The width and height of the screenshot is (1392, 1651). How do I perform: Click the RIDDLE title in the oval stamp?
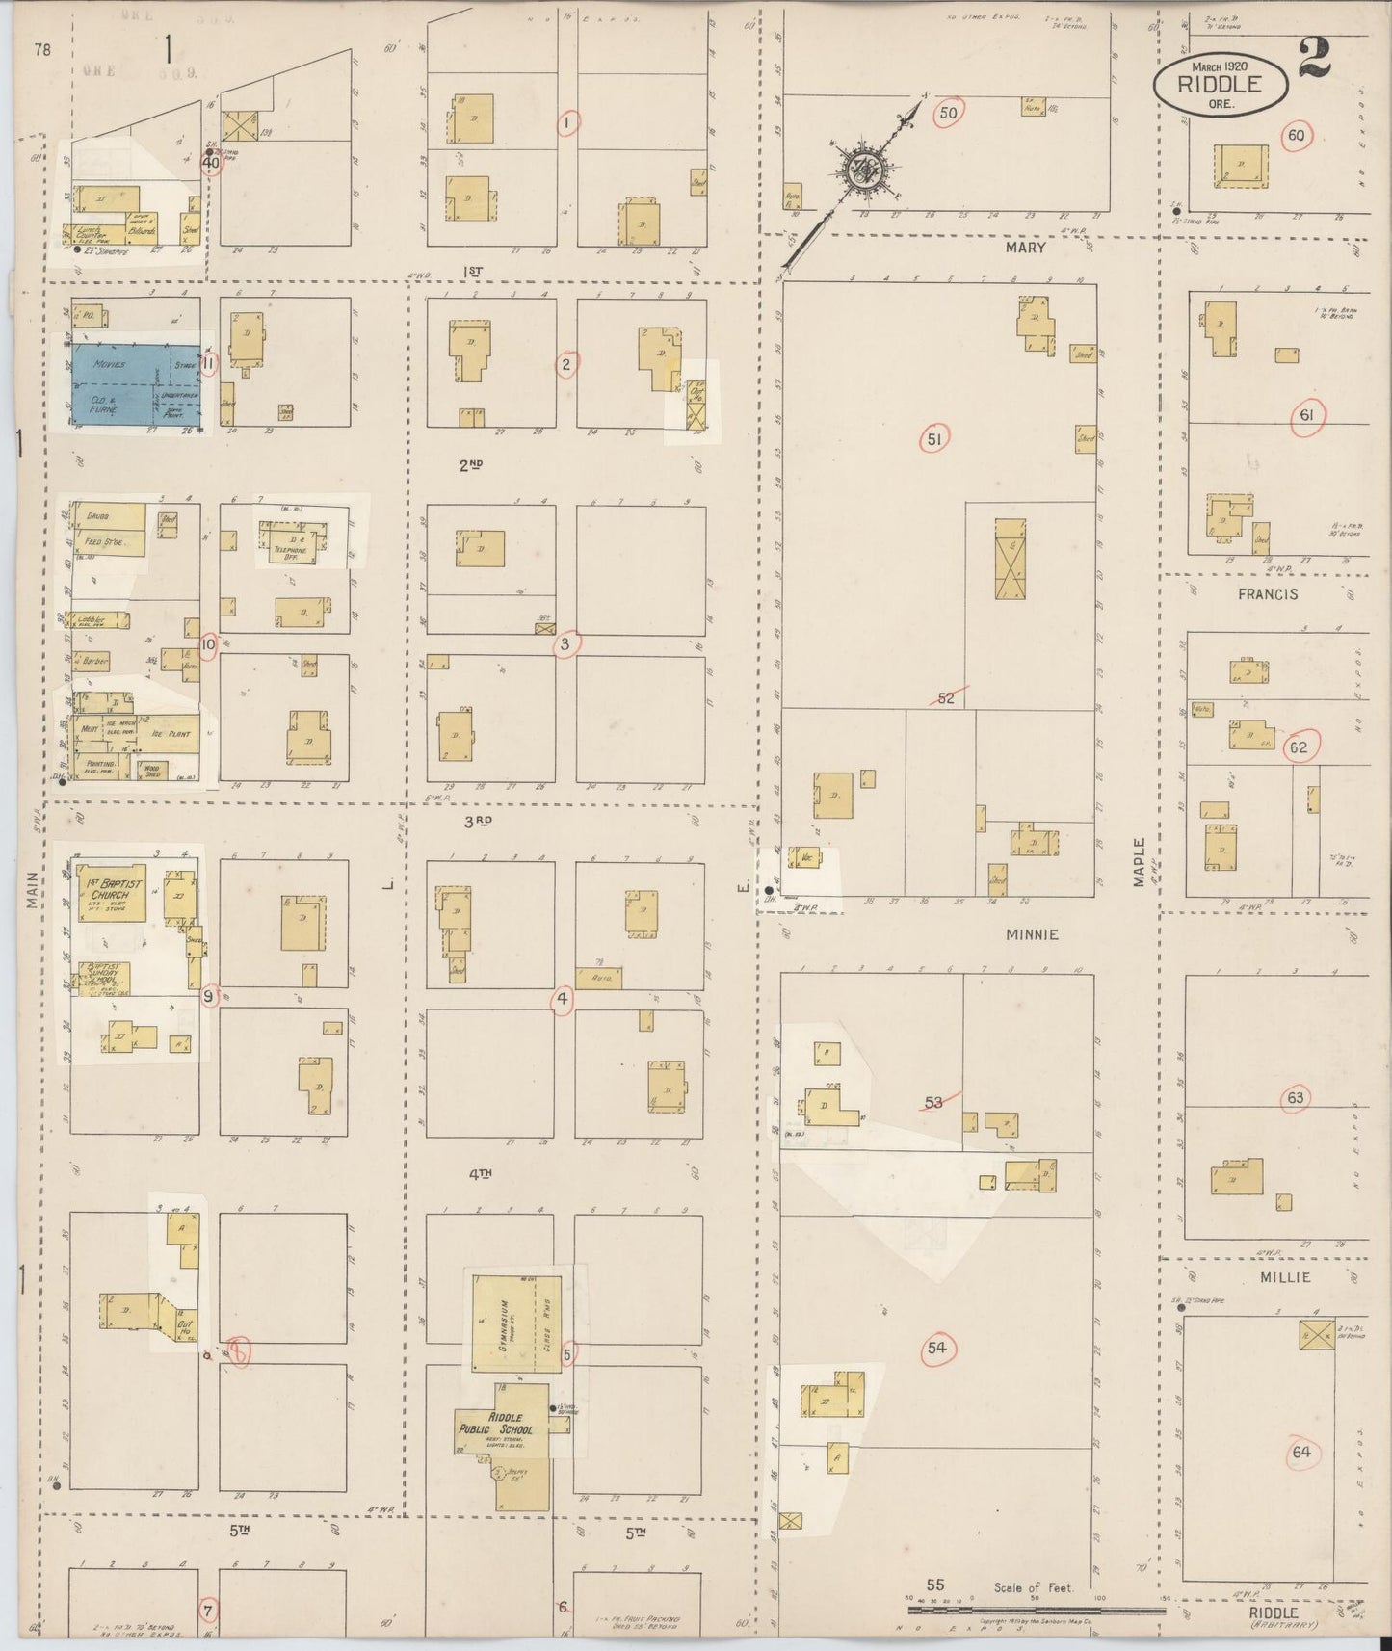click(1221, 82)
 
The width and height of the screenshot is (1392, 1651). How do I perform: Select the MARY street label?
click(1025, 248)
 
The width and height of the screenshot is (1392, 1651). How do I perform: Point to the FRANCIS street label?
click(1268, 594)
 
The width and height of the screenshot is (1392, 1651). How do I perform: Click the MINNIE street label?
click(1032, 934)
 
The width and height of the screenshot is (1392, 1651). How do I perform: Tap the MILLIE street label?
click(1285, 1277)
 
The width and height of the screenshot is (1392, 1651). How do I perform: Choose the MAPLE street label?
click(1140, 861)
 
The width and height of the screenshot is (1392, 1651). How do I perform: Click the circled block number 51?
click(933, 440)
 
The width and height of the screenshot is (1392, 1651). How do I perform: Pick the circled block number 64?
click(1301, 1452)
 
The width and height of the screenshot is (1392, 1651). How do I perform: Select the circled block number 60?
click(1296, 136)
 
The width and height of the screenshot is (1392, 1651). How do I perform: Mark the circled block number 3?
click(565, 644)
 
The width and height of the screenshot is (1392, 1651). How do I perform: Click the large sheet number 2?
click(1314, 60)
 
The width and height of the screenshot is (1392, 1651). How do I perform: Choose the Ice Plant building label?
click(171, 734)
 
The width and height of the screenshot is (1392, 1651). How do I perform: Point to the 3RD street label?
click(478, 821)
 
